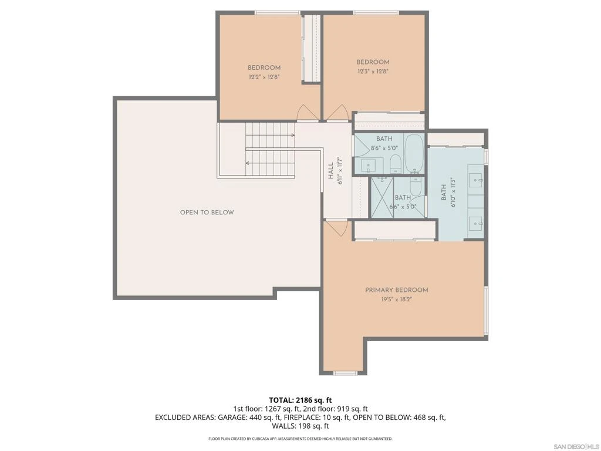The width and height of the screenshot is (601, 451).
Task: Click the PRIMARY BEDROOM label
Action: click(396, 290)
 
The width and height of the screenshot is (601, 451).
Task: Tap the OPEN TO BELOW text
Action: click(207, 213)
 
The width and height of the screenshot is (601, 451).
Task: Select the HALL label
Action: click(330, 171)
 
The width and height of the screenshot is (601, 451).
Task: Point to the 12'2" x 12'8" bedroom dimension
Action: click(264, 77)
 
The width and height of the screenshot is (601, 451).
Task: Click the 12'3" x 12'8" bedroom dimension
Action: click(373, 71)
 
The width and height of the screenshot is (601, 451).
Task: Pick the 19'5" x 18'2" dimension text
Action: click(396, 299)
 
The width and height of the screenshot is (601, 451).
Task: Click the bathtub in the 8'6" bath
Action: click(414, 153)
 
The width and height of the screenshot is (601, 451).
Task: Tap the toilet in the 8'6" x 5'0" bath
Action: click(396, 163)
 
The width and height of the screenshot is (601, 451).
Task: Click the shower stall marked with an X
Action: click(382, 197)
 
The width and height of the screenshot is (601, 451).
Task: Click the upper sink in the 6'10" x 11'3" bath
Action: click(475, 179)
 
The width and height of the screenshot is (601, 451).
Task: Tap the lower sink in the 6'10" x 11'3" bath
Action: click(475, 223)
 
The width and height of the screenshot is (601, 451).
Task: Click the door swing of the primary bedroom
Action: click(336, 228)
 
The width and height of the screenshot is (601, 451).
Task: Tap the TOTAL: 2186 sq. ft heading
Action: click(300, 400)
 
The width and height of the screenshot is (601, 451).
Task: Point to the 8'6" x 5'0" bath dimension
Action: click(384, 148)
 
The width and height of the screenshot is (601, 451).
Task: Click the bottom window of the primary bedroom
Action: click(345, 373)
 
